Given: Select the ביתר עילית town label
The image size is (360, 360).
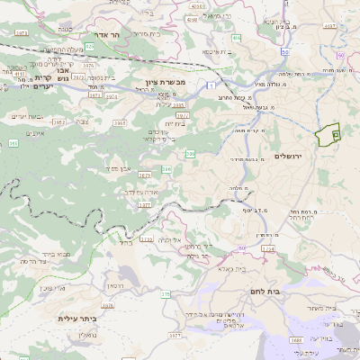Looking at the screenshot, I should (76, 319).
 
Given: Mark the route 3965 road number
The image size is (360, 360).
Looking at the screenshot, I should (57, 122).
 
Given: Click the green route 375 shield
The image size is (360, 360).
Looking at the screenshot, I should (165, 293).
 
